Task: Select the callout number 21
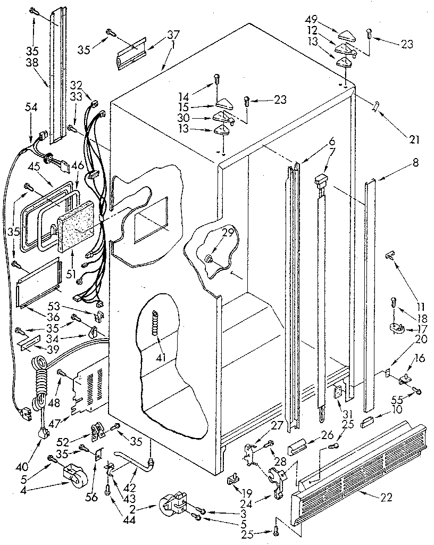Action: point(414,140)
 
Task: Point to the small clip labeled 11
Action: point(391,257)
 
